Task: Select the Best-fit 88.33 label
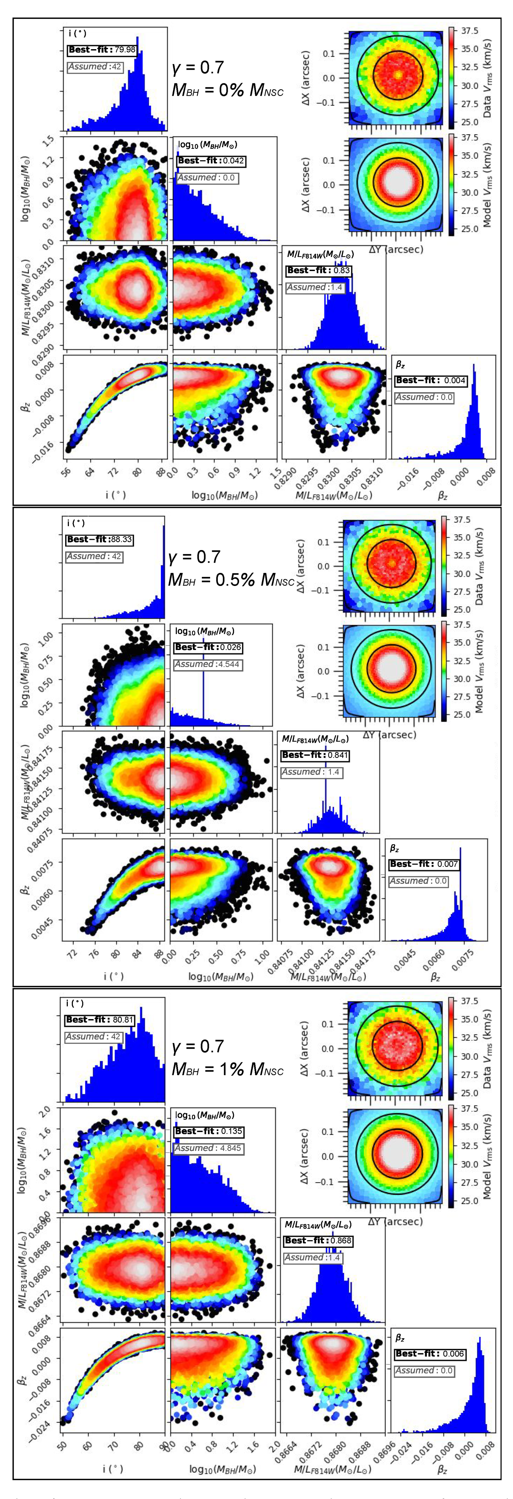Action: pos(99,539)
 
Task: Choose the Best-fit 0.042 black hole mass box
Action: pos(211,161)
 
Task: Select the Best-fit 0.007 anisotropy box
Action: pos(424,864)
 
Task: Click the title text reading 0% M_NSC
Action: pos(227,90)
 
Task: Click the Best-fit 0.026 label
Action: pos(208,647)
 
